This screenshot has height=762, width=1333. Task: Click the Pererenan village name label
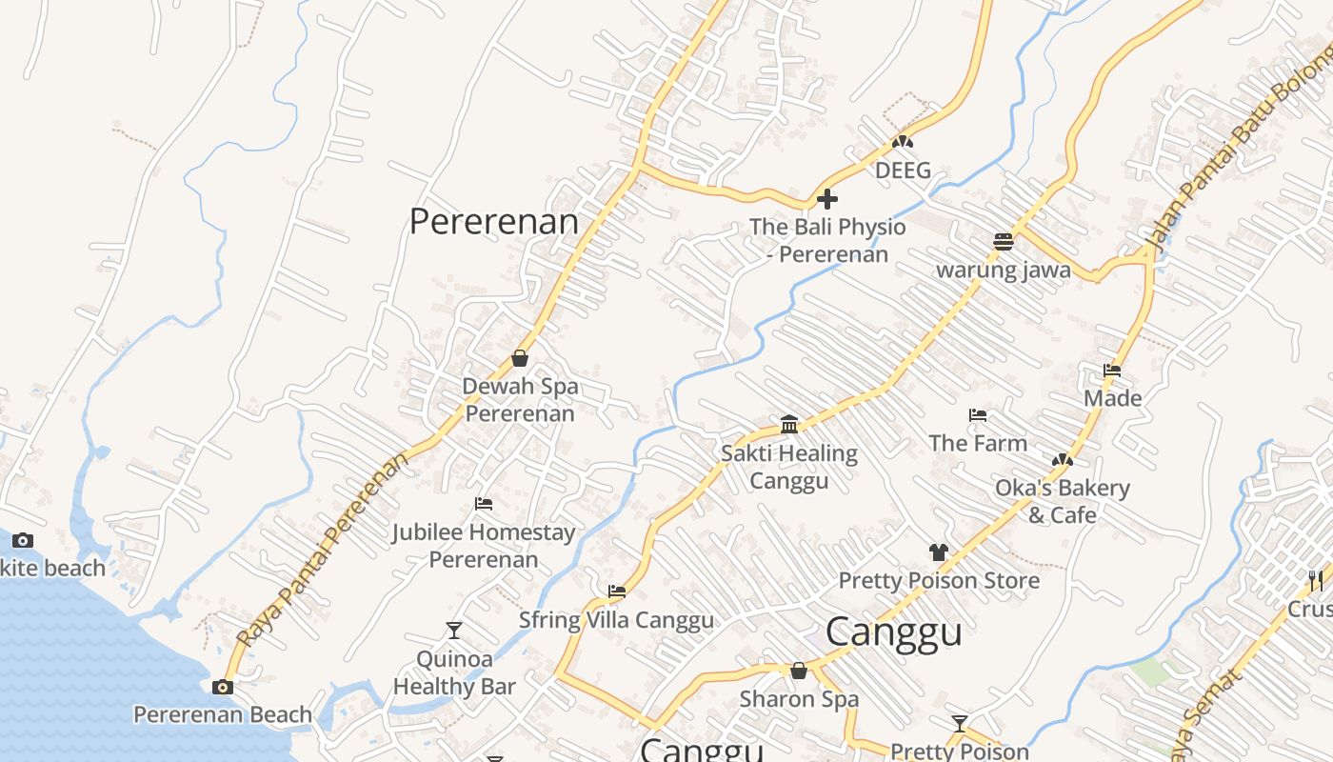pyautogui.click(x=493, y=222)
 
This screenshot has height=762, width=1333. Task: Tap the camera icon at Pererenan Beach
pyautogui.click(x=223, y=687)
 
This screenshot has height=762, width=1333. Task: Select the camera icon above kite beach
pyautogui.click(x=23, y=541)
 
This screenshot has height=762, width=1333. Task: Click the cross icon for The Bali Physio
pyautogui.click(x=827, y=199)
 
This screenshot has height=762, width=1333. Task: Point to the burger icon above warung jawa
pyautogui.click(x=1003, y=242)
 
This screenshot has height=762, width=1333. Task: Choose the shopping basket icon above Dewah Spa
pyautogui.click(x=520, y=359)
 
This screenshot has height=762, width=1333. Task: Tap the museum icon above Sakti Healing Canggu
pyautogui.click(x=789, y=424)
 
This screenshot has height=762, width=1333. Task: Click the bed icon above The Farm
pyautogui.click(x=978, y=415)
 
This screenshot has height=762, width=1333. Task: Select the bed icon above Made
pyautogui.click(x=1112, y=371)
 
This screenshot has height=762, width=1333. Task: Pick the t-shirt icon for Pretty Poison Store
pyautogui.click(x=939, y=552)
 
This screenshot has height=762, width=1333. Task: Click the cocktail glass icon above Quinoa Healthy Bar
pyautogui.click(x=454, y=631)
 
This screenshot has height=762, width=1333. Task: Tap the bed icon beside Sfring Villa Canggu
pyautogui.click(x=617, y=592)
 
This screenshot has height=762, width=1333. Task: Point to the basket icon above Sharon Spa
pyautogui.click(x=799, y=672)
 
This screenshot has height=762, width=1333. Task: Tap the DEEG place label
pyautogui.click(x=903, y=170)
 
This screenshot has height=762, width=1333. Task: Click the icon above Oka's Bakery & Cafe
pyautogui.click(x=1063, y=460)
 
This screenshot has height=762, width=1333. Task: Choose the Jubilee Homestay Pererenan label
pyautogui.click(x=484, y=546)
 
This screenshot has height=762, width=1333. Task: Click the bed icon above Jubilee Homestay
pyautogui.click(x=484, y=504)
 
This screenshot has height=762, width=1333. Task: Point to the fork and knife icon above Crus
pyautogui.click(x=1315, y=579)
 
